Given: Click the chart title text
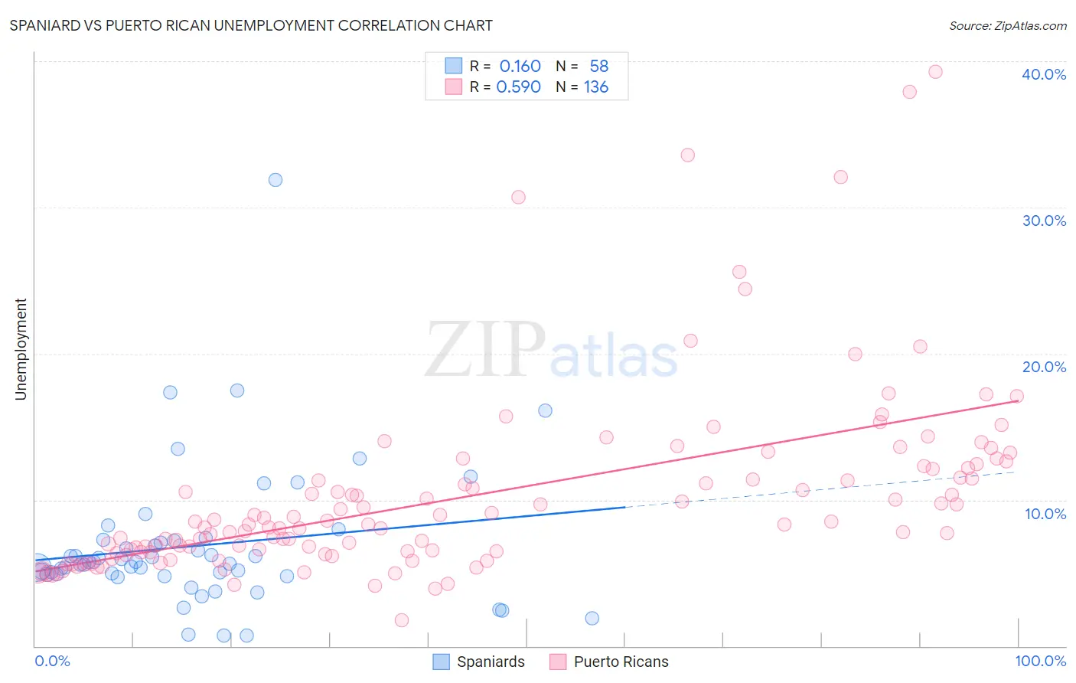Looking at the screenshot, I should pos(251,25).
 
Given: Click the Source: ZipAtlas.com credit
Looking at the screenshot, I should pos(1007,25).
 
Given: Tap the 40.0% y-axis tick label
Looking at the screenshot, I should pos(1043,74).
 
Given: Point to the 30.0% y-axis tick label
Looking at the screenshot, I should pos(1043,221).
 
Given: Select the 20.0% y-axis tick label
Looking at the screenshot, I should pos(1043,367).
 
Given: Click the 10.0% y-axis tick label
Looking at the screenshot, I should pos(1045,514).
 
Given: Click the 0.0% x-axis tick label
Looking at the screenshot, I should pos(52,661).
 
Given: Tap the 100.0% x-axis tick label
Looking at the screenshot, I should pos(1040,661).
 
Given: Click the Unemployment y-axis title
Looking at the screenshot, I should pos(21,349).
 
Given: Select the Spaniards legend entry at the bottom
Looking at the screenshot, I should pos(479,662).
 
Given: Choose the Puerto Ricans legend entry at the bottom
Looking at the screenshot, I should pos(609,662).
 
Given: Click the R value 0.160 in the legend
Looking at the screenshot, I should pos(520,67).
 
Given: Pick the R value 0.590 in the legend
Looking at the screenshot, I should pos(518,87).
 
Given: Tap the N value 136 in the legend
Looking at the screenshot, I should pos(595,87).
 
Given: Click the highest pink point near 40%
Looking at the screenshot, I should pos(934,72).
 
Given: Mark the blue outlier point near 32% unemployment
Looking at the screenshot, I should pos(276,180).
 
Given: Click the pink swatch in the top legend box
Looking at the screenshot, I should pos(454,87).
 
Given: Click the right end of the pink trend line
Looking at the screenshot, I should pos(1017,400).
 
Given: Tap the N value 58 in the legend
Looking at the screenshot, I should pos(598,67).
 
